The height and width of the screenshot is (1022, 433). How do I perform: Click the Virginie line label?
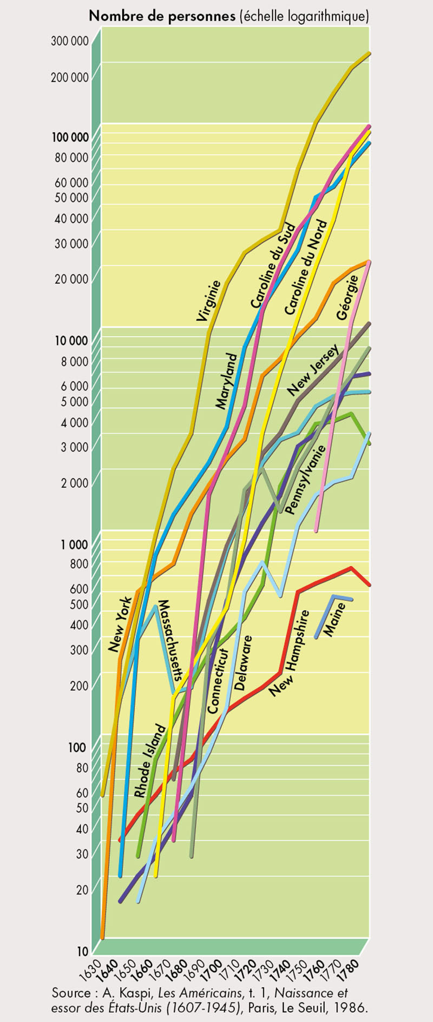pos(209,301)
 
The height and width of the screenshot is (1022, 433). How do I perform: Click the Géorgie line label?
pos(347,297)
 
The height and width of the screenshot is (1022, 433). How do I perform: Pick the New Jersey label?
pos(313,369)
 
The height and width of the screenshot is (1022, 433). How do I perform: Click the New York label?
pos(120,625)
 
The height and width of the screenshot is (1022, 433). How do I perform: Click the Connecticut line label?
pos(219,680)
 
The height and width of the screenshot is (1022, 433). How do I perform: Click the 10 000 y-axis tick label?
pos(70,341)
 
